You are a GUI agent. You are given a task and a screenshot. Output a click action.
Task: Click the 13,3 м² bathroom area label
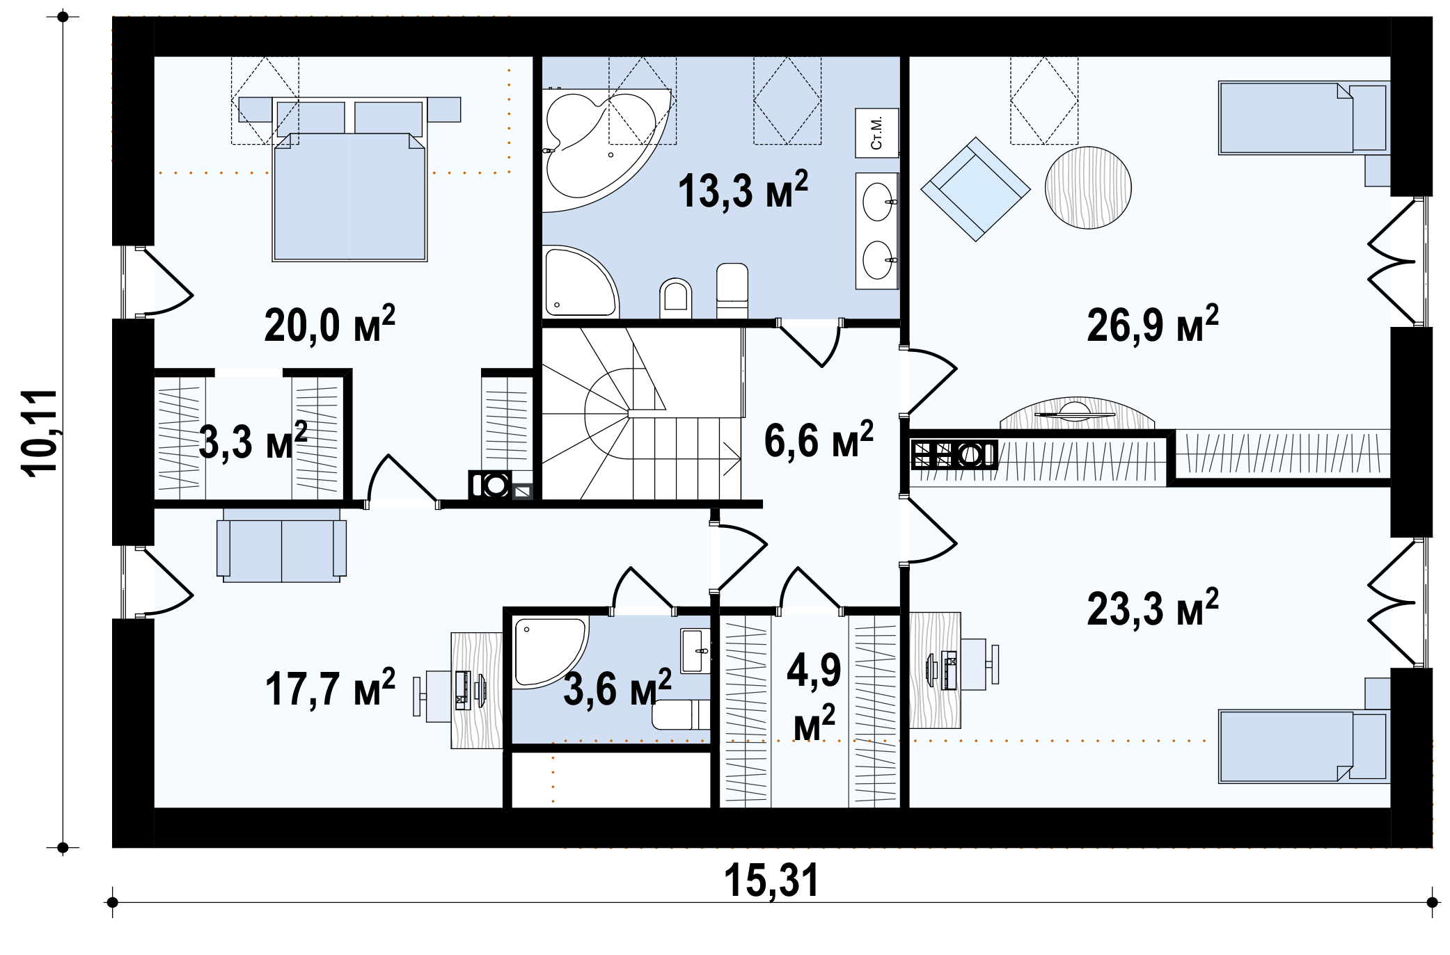pos(743,190)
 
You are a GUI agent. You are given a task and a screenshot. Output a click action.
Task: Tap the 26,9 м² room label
pos(1153,324)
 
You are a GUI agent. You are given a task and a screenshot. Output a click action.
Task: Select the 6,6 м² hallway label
pos(819,440)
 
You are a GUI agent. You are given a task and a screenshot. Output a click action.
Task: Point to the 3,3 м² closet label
pos(253,441)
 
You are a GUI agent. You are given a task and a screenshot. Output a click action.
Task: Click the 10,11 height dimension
pos(40,433)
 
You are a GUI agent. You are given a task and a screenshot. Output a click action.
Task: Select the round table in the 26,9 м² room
pos(1088,187)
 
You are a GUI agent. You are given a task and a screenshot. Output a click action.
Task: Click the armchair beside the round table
pos(975,189)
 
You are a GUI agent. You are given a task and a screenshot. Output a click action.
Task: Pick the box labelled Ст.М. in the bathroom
pos(876,133)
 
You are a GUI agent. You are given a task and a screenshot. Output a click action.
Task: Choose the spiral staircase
pos(641,414)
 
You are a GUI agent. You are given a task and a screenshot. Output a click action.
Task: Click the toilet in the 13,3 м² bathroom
pos(675,298)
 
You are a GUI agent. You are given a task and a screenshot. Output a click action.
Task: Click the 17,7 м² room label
pos(330,689)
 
